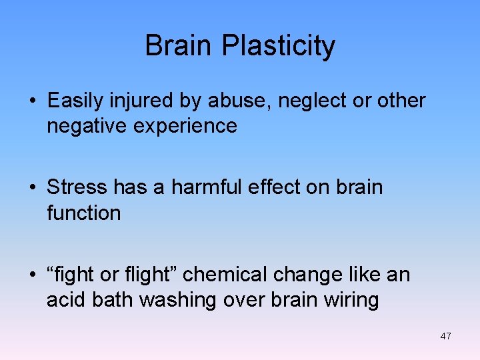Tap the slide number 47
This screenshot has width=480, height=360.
click(x=445, y=336)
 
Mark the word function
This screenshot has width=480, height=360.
click(x=84, y=213)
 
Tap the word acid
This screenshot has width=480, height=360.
click(x=65, y=300)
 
